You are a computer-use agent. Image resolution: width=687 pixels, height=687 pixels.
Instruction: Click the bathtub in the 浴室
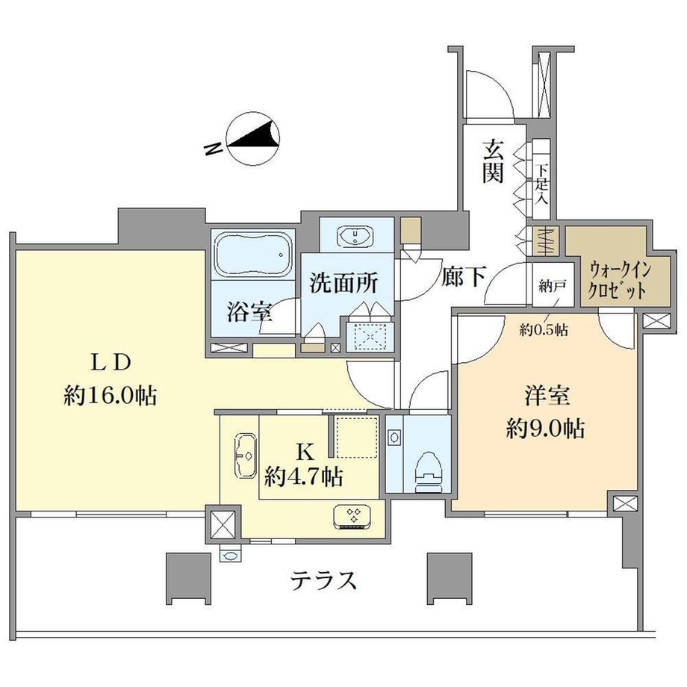252,255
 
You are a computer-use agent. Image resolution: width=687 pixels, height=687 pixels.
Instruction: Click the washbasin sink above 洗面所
356,237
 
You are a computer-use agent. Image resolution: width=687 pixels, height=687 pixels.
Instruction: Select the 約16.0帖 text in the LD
111,395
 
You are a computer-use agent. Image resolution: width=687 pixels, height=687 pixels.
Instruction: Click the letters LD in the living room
111,361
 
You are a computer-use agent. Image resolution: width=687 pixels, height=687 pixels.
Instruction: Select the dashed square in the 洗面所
367,335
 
